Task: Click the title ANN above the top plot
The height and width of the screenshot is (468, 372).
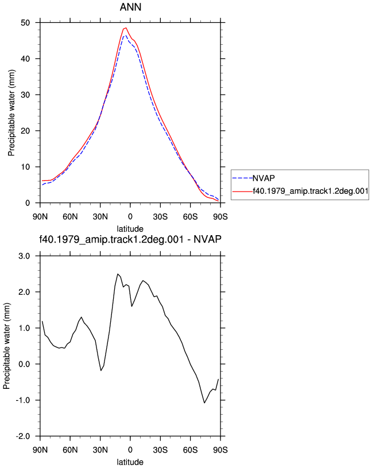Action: coord(130,7)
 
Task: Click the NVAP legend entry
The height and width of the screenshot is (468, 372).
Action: coord(253,178)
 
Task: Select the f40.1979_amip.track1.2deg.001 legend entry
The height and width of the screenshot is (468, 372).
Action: coord(300,191)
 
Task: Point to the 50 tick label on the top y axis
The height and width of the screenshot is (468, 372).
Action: coord(25,23)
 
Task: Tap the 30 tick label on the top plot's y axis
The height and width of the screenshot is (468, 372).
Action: coord(25,95)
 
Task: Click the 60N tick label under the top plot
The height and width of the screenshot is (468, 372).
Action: coord(70,217)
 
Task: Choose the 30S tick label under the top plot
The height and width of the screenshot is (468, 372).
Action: coord(160,217)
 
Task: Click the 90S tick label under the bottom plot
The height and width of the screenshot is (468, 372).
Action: coord(220,450)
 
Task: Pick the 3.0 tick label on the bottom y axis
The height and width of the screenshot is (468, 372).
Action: coord(24,256)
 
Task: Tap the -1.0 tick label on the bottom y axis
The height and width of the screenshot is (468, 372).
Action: coord(23,400)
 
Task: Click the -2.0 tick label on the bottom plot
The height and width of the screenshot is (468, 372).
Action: coord(23,436)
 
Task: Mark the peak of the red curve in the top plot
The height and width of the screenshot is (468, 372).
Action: coord(126,28)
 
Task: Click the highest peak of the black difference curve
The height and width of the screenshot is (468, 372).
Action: coord(118,274)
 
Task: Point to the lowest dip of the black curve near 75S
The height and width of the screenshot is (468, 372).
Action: coord(205,403)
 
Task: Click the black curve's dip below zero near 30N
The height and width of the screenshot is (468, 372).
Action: coord(101,370)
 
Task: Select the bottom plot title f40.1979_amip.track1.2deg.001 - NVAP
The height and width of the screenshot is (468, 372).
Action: coord(130,239)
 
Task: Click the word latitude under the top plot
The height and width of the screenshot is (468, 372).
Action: coord(130,229)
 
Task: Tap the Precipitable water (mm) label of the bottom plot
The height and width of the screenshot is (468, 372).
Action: coord(6,346)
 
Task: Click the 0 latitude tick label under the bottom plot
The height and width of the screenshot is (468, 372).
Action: coord(130,450)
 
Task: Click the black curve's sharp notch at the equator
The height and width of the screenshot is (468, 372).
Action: coord(132,306)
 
